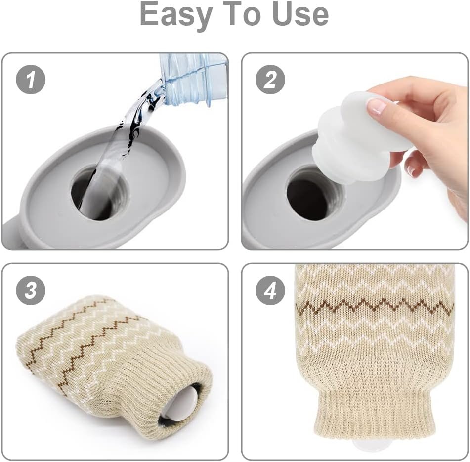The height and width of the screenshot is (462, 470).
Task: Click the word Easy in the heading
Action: pos(176,14)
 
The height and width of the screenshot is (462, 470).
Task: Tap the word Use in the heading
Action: pos(301,14)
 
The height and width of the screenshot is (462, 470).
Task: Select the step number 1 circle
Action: pos(31,80)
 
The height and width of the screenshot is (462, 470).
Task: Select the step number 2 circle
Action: pos(270,80)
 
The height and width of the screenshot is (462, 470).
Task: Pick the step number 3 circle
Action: pos(31,291)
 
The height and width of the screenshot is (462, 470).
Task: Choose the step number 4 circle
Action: pos(270,291)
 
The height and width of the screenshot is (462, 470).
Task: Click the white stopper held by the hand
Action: pos(360,136)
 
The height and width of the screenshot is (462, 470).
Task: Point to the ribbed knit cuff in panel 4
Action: pos(375,412)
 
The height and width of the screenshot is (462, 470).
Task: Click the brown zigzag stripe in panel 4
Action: pos(375,306)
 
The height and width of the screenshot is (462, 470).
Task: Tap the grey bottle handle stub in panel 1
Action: pos(12,234)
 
